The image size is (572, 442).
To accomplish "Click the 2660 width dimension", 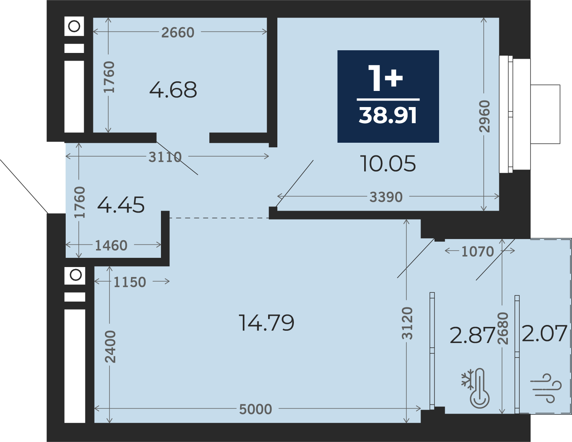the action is (178, 32).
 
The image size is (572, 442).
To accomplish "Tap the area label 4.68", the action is (173, 90).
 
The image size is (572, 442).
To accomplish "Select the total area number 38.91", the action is (388, 115).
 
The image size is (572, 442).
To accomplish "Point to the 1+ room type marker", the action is (385, 78).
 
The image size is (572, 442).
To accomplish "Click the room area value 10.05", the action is (388, 163).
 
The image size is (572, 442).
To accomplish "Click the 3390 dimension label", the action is (386, 197).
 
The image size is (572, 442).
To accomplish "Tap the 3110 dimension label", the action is (165, 157).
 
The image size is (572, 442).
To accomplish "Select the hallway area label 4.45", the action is (121, 205).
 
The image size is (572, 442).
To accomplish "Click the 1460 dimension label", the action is (111, 246).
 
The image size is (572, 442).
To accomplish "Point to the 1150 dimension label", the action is (130, 282).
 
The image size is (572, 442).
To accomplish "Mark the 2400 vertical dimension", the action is (110, 346).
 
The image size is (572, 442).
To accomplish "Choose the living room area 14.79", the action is (266, 323).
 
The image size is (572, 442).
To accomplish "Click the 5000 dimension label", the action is (255, 409).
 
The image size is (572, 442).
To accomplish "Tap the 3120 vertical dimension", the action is (408, 323).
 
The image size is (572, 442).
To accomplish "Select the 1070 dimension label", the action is (478, 252).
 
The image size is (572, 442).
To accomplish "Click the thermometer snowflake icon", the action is (476, 388).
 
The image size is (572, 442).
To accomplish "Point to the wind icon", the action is (546, 388).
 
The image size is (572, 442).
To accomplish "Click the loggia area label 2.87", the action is (473, 335).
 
